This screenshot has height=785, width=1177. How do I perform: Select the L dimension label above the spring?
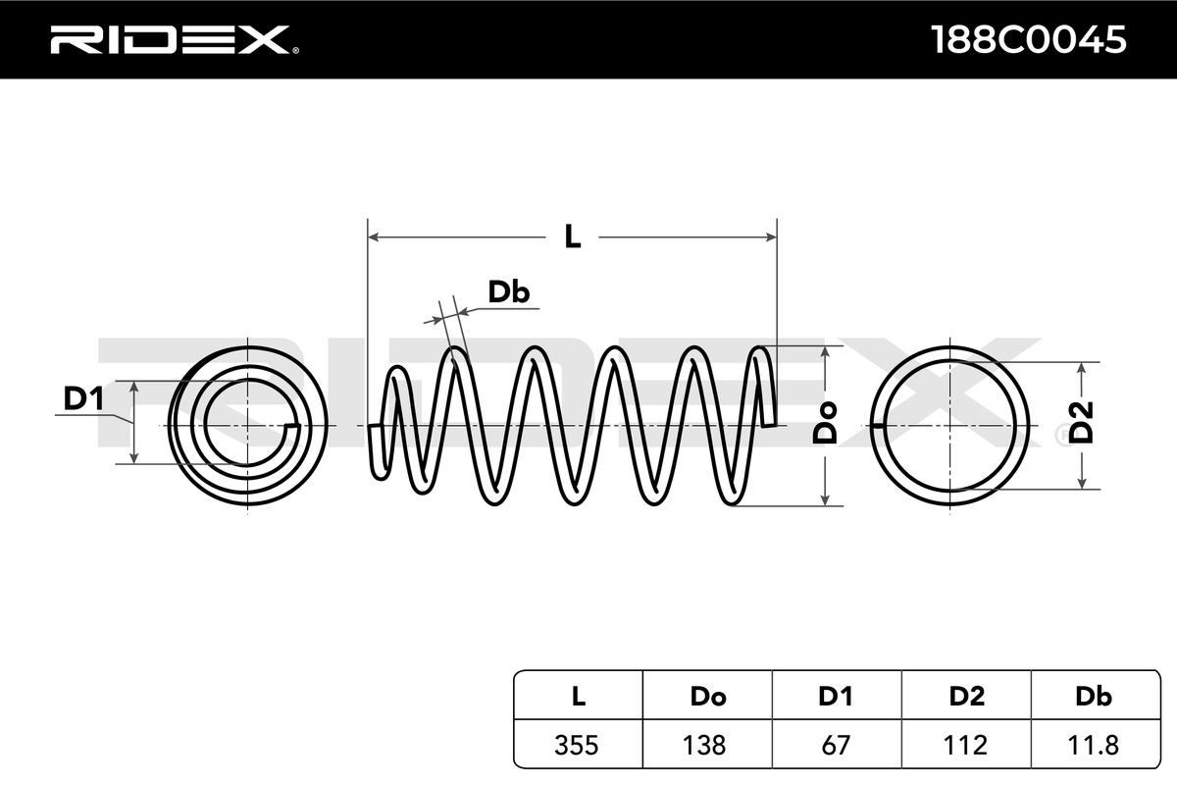(x=572, y=236)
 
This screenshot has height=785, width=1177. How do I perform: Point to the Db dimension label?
(x=509, y=291)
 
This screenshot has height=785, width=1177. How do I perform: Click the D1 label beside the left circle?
(x=83, y=399)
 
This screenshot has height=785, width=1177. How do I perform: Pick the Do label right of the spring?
(x=827, y=423)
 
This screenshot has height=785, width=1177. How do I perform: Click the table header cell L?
(x=578, y=697)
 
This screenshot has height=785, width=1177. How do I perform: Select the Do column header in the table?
(x=707, y=697)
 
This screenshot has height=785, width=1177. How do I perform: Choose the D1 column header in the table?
(x=837, y=697)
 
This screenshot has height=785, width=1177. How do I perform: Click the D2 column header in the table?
(x=966, y=697)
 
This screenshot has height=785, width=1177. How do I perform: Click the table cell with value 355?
(x=578, y=745)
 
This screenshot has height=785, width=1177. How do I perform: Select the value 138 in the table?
(x=707, y=745)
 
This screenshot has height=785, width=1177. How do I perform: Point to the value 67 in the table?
(x=837, y=745)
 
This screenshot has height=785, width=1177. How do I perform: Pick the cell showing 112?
(x=966, y=745)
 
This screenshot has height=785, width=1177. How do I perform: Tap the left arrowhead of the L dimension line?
(x=373, y=236)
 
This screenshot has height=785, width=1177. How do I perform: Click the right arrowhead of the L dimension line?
(x=771, y=236)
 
